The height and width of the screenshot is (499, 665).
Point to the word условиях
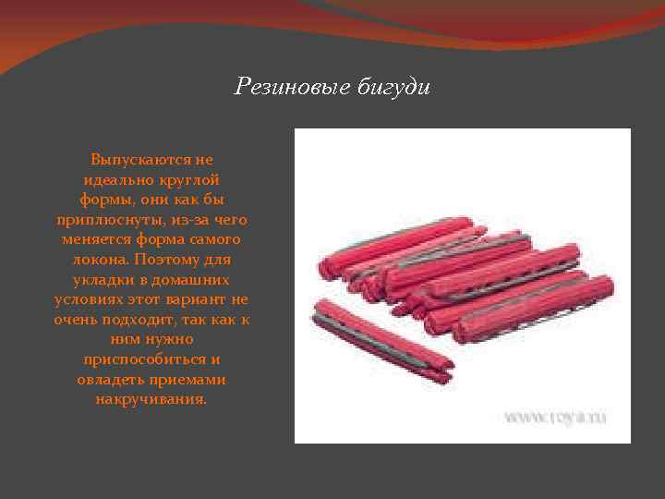(x=89, y=298)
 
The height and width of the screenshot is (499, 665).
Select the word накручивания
(x=151, y=399)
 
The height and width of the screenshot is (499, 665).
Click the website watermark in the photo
(x=555, y=419)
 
